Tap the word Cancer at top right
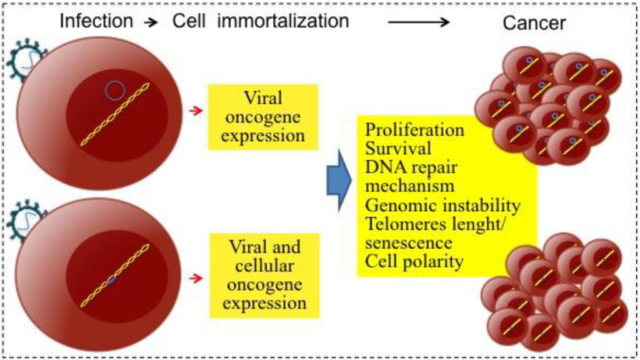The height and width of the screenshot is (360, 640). click(x=534, y=23)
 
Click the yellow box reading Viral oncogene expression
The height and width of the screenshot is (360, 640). click(x=262, y=117)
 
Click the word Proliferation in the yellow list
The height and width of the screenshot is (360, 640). click(x=414, y=130)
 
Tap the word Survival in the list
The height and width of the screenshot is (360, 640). click(x=398, y=149)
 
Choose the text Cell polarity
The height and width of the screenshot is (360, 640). click(x=414, y=261)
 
